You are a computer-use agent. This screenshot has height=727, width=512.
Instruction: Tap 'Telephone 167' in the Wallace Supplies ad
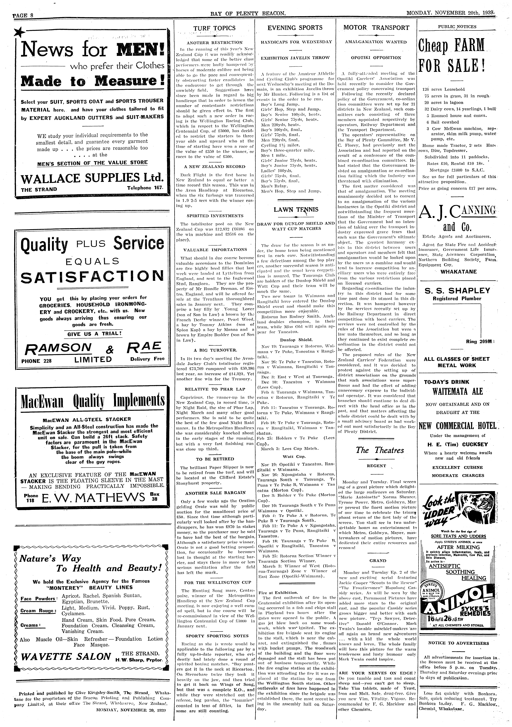tap(144, 188)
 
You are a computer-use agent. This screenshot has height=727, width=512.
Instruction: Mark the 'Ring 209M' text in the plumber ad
tap(478, 342)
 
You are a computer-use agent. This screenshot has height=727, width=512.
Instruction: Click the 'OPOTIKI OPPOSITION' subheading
tap(376, 58)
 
